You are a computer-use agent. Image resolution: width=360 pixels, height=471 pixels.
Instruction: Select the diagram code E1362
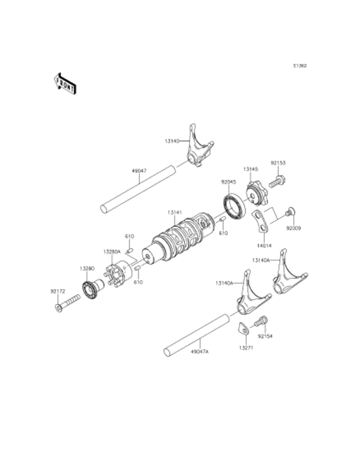[x=300, y=66]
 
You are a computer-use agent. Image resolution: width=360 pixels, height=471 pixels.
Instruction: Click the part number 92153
[x=278, y=163]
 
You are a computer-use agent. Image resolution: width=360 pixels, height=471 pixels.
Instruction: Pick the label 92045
[x=229, y=182]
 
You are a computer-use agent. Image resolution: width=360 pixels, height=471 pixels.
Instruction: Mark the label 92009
[x=294, y=227]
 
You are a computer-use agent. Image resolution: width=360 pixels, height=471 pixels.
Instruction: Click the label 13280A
[x=112, y=252]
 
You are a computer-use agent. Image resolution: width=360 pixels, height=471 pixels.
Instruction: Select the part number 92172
[x=59, y=291]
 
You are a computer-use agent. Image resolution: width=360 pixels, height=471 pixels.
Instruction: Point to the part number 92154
[x=266, y=335]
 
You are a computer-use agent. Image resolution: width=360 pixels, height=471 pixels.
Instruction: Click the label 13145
[x=251, y=169]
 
